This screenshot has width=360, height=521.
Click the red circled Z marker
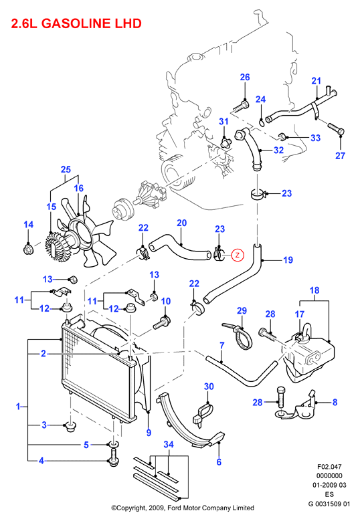tap(238, 255)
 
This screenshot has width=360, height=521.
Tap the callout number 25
tap(66, 169)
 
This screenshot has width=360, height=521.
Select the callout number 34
tap(169, 445)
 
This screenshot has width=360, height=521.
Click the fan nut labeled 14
tap(29, 249)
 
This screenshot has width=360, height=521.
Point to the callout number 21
tap(316, 81)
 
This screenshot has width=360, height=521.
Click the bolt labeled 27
tap(336, 129)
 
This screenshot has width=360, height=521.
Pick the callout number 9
tap(149, 433)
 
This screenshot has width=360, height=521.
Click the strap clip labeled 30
tap(203, 415)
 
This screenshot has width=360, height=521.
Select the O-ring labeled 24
tap(261, 123)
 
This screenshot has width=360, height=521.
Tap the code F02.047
tap(329, 467)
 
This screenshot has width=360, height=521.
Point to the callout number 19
tap(288, 260)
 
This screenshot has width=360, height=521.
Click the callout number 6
tap(219, 462)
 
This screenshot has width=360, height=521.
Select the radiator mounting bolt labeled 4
tap(113, 457)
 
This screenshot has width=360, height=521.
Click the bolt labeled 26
tap(240, 107)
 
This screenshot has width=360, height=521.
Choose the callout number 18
tap(314, 290)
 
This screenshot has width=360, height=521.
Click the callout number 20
tap(181, 223)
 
